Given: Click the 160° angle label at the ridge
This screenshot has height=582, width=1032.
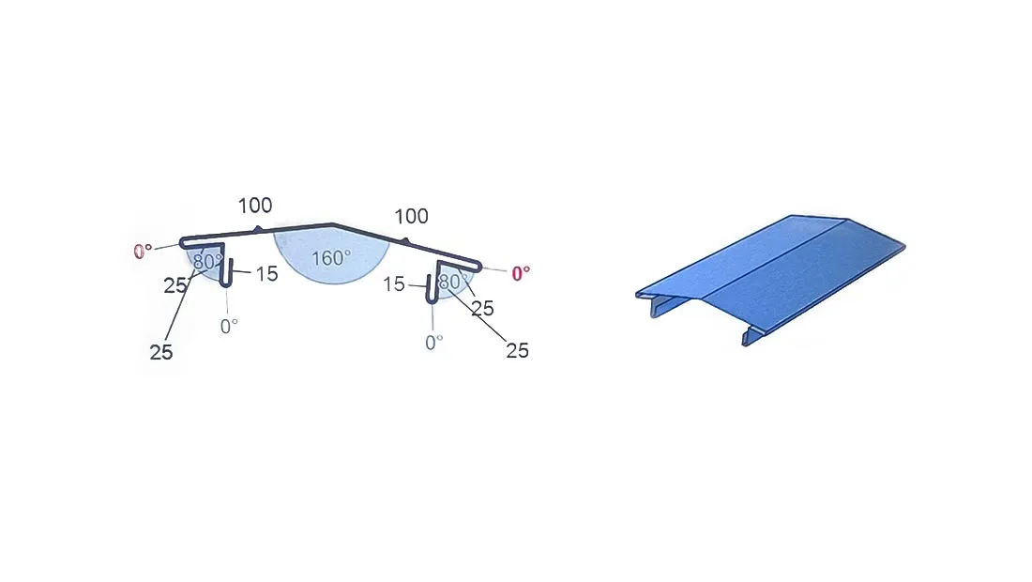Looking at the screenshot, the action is (330, 258).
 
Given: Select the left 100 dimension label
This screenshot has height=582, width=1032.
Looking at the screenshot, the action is (254, 206).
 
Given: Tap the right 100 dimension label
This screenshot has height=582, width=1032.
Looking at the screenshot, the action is (411, 216).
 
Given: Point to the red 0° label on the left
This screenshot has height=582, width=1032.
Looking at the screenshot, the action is (143, 252).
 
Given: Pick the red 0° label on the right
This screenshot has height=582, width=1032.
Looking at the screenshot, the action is (521, 273).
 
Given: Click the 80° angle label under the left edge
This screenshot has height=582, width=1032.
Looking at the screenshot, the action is (207, 262).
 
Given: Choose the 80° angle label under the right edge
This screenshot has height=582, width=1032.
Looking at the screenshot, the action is (453, 282).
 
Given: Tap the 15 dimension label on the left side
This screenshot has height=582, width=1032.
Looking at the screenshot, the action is (266, 274).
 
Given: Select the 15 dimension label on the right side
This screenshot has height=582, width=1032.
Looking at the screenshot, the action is (394, 284).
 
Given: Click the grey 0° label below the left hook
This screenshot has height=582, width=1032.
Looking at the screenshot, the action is (229, 326).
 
